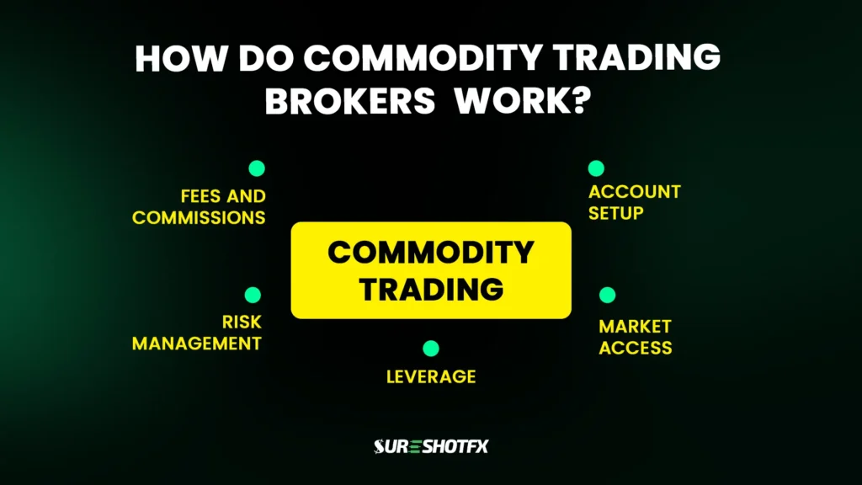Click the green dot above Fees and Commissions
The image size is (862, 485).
pos(257,168)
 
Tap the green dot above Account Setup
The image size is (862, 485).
pos(596,168)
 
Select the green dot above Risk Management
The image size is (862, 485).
pos(253,295)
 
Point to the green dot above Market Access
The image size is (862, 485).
pos(607,295)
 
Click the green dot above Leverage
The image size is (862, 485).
pos(431,348)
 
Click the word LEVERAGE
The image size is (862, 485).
pos(431,376)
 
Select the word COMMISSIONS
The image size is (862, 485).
pos(199,218)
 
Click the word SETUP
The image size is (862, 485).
pos(615,213)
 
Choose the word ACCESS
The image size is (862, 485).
pos(635,347)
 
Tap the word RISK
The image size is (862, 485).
pos(242,322)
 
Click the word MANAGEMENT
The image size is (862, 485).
pos(197,344)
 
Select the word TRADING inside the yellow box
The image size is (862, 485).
pos(431,289)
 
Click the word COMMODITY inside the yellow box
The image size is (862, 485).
pos(431,252)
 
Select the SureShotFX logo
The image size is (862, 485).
pos(431,446)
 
